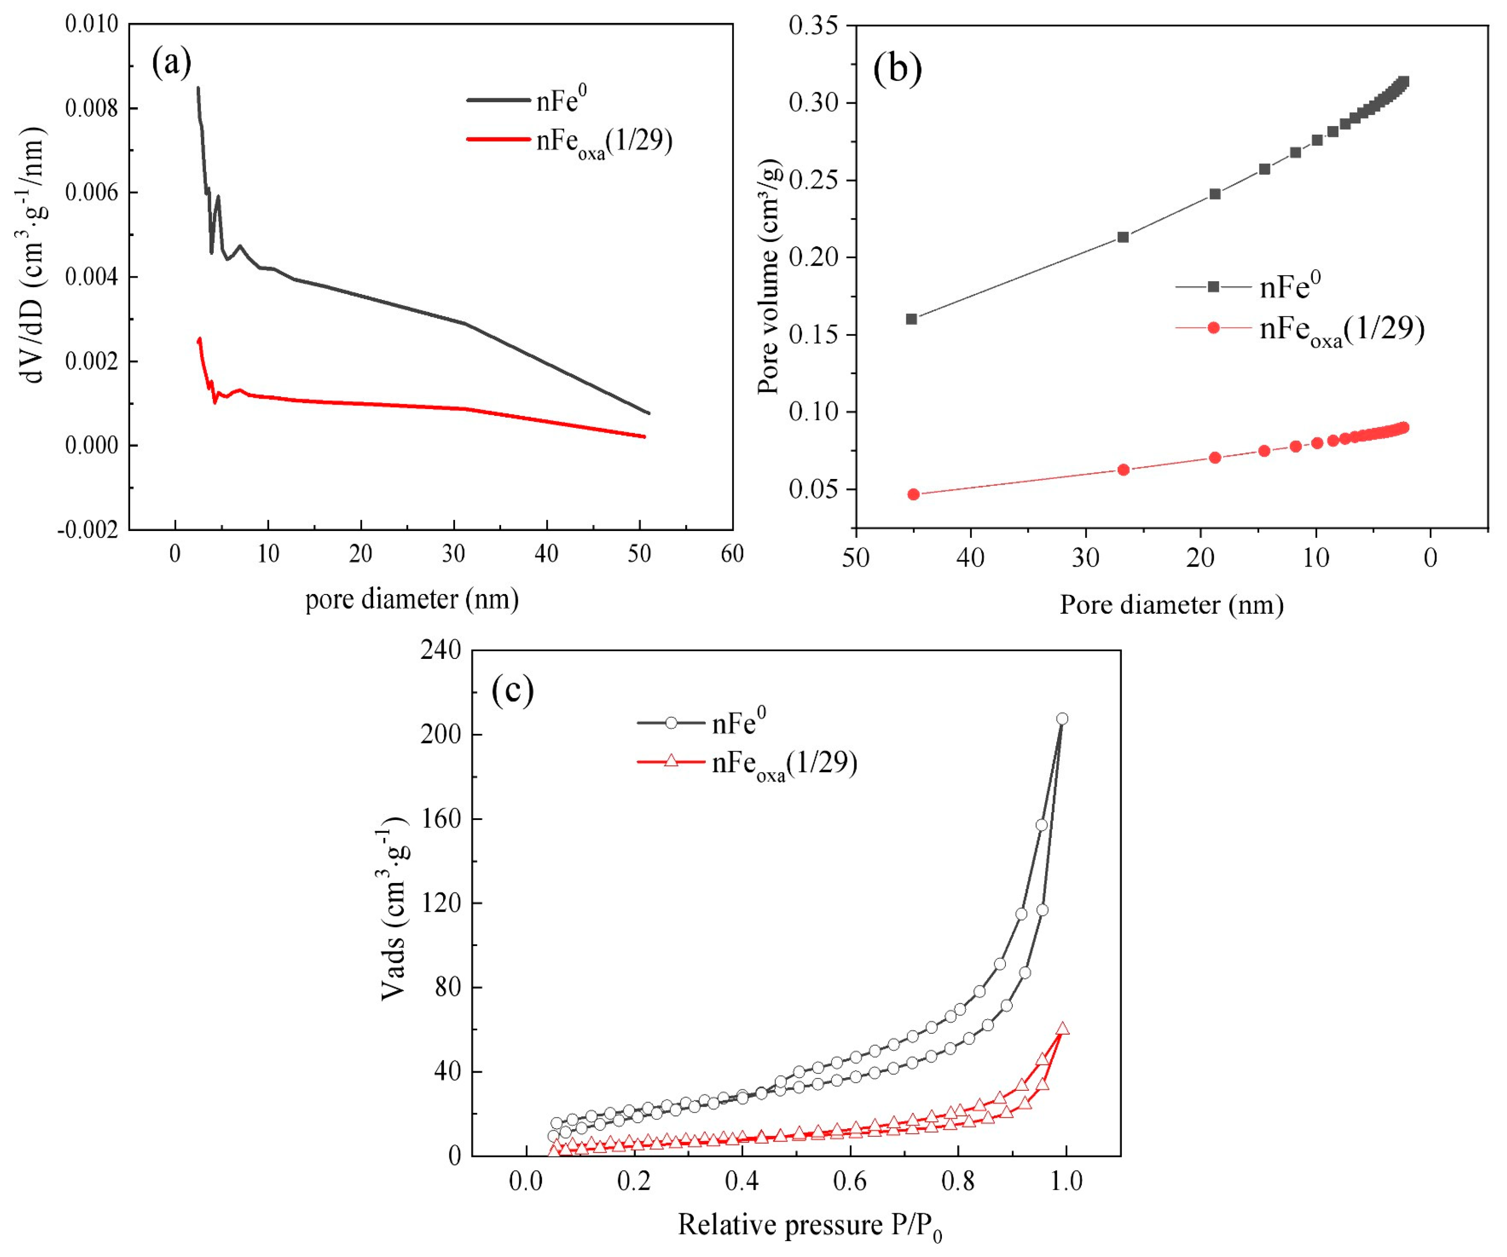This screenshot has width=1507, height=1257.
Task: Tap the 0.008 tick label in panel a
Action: point(91,109)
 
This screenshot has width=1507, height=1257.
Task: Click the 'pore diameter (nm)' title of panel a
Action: point(412,599)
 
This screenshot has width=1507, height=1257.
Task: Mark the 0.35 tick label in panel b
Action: point(814,26)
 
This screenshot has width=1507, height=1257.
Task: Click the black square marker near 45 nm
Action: point(911,319)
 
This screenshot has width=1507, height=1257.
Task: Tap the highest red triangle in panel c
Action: point(1063,1029)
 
